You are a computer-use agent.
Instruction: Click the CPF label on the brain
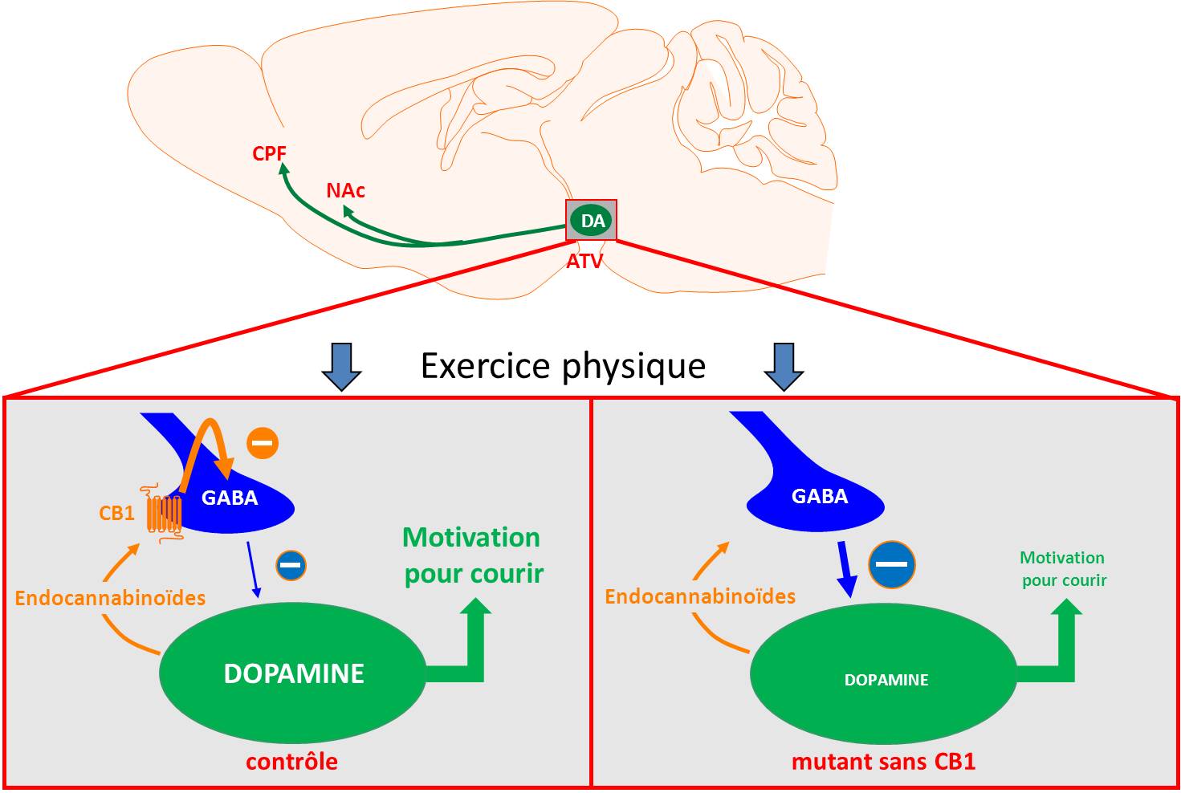269,152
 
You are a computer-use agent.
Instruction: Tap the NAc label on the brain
345,190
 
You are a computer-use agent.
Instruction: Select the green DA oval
592,221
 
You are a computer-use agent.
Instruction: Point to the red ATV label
584,261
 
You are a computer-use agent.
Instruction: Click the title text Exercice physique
563,366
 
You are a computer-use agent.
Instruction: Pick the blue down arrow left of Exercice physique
341,367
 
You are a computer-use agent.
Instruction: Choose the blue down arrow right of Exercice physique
784,367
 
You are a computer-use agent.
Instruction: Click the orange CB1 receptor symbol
164,513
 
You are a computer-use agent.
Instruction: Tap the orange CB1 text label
116,513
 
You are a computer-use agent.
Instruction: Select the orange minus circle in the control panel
263,443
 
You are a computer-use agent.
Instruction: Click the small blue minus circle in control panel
291,565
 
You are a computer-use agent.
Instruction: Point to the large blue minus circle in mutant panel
891,564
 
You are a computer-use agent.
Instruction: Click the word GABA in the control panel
230,498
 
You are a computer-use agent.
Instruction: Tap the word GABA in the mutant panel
820,496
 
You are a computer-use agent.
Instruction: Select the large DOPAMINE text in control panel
294,673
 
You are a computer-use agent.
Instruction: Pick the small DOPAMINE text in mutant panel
886,680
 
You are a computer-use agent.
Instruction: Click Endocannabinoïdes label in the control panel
110,598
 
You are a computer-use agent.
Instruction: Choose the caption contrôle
291,761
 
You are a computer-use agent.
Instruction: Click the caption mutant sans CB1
883,761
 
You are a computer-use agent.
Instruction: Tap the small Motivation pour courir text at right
1064,568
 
